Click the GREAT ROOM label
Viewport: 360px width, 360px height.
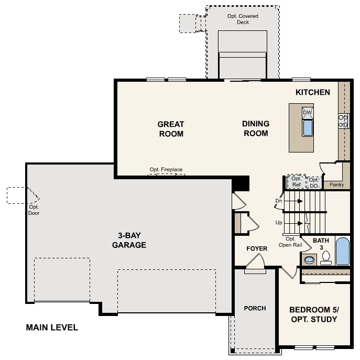[171, 129]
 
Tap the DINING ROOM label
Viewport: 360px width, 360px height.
[256, 128]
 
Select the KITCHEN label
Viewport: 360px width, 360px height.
[313, 92]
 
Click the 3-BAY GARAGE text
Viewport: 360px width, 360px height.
[128, 240]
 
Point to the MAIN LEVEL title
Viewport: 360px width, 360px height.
[52, 328]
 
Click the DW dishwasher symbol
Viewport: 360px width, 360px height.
[308, 113]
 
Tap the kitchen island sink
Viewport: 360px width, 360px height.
[308, 128]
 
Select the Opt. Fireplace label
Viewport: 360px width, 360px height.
[166, 170]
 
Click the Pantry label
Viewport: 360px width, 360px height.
[337, 184]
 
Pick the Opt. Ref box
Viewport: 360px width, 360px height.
[297, 182]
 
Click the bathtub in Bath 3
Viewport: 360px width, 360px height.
[342, 252]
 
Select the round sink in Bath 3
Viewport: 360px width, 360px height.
[309, 259]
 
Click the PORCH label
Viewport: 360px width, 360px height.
[255, 308]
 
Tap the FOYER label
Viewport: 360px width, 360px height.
[257, 248]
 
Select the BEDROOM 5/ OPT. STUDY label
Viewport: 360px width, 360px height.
[313, 314]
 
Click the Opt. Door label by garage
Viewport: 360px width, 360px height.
[34, 210]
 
